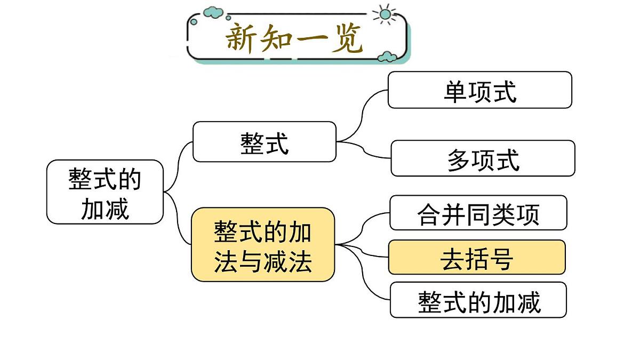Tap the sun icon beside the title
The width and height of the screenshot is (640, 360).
[385, 14]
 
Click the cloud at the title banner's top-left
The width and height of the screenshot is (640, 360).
[213, 11]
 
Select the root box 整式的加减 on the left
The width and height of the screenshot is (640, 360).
[105, 192]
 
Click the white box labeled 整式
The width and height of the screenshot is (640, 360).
[265, 142]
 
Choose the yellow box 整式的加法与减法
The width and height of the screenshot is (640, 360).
[263, 245]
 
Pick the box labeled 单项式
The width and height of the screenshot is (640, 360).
[480, 90]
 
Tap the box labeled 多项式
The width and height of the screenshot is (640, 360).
[483, 158]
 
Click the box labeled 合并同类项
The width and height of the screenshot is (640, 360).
[478, 213]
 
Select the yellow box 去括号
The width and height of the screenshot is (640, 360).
[477, 258]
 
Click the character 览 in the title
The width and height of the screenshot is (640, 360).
[347, 38]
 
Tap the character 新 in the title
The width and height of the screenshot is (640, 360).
[242, 38]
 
